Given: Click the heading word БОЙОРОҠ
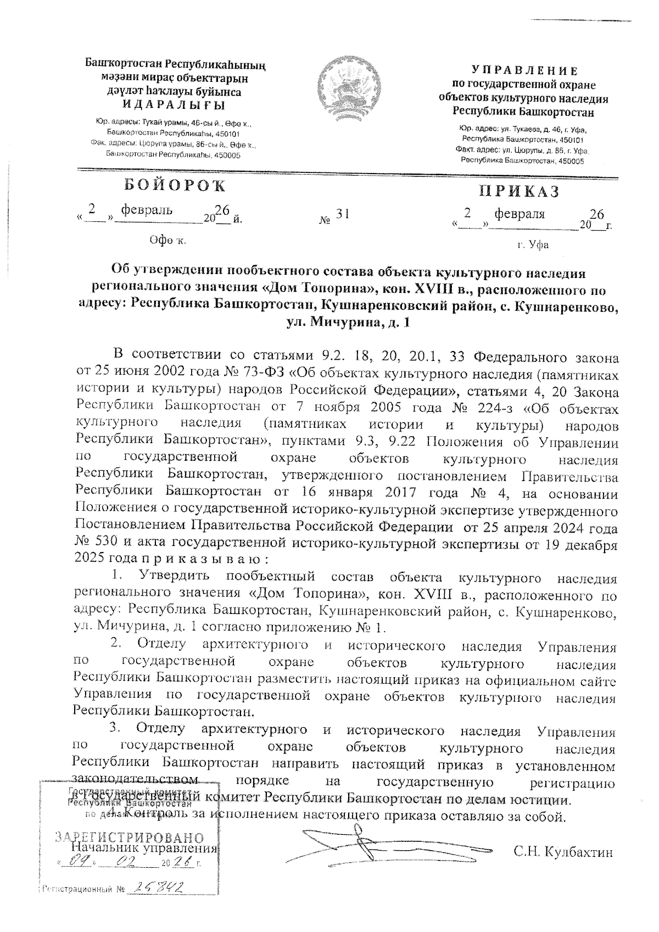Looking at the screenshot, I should [174, 186].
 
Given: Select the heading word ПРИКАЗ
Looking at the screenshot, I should [520, 191].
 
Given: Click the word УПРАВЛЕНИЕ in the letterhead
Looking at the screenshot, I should [524, 71].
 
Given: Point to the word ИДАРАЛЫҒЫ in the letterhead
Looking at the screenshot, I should [174, 105].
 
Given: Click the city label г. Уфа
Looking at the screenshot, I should [532, 245].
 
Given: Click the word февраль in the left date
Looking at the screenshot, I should [147, 210].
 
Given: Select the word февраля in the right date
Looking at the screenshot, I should [520, 214].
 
